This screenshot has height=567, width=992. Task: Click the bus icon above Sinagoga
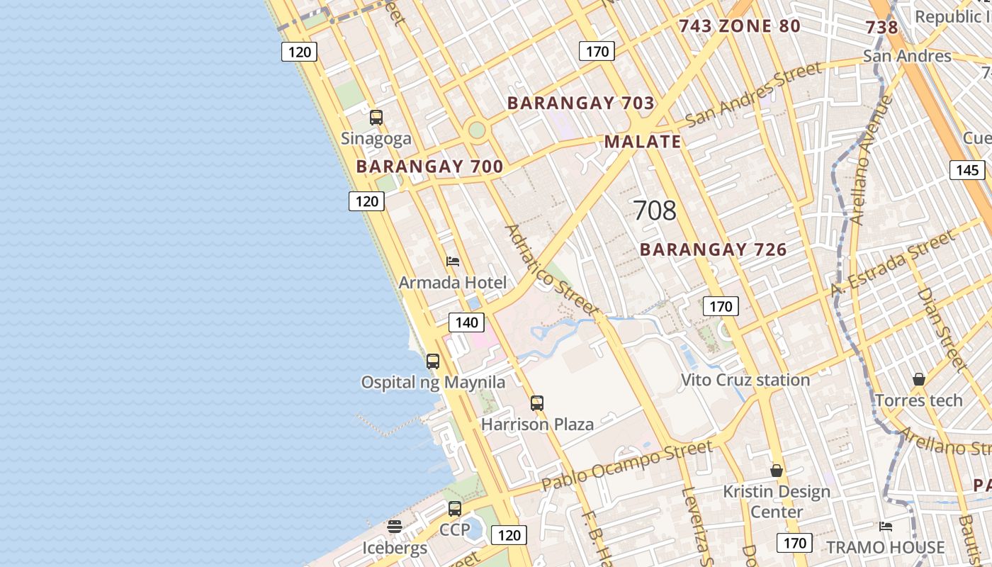[376, 118]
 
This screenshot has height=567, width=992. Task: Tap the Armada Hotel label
[453, 283]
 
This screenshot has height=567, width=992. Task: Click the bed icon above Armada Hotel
[453, 262]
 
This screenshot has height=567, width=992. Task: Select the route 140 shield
[467, 322]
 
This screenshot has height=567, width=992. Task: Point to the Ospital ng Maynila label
[433, 383]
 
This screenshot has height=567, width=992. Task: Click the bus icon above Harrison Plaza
[537, 403]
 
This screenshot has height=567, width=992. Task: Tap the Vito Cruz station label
[745, 380]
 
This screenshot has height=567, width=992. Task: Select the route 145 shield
[967, 170]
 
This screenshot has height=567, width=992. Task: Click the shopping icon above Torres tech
[919, 379]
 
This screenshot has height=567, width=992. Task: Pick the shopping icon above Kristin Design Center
[777, 471]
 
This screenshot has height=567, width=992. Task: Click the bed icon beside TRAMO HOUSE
[886, 526]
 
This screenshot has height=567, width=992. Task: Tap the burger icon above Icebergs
[395, 527]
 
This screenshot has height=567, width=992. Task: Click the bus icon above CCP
[455, 509]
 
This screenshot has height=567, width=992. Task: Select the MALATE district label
[643, 141]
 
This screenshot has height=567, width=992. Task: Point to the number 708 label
[655, 210]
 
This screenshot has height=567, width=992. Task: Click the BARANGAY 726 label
[714, 249]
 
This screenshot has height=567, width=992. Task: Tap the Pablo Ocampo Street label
[627, 466]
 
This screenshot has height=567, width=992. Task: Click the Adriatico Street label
[551, 271]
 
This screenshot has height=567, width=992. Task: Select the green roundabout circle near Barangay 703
[477, 130]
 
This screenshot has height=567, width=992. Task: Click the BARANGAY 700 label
[429, 167]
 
